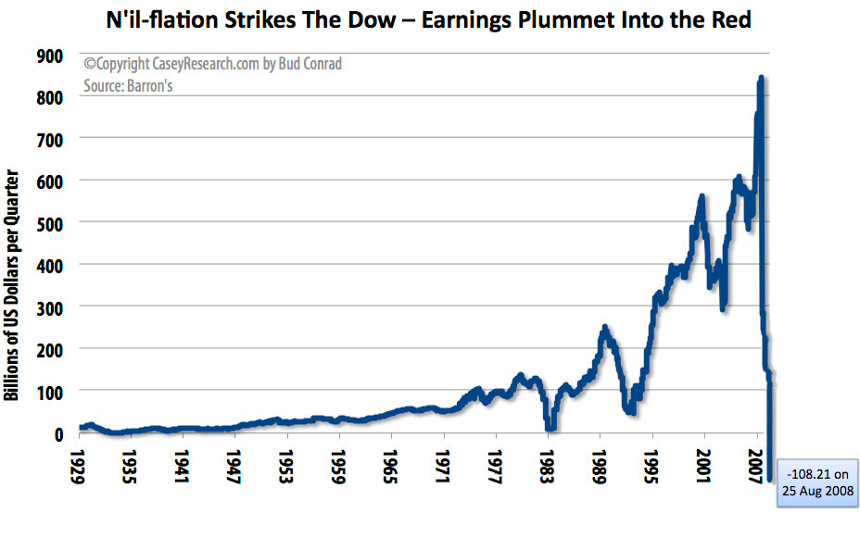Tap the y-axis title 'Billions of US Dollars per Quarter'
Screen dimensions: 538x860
pos(13,284)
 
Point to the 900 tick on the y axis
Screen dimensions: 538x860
pos(49,56)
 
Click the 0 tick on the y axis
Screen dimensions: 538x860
pos(58,433)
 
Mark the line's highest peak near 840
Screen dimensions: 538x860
pos(761,79)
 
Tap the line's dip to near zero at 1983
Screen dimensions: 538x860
pos(550,427)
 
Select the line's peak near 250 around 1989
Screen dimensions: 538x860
pos(604,328)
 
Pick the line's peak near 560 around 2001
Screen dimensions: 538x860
pos(702,197)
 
